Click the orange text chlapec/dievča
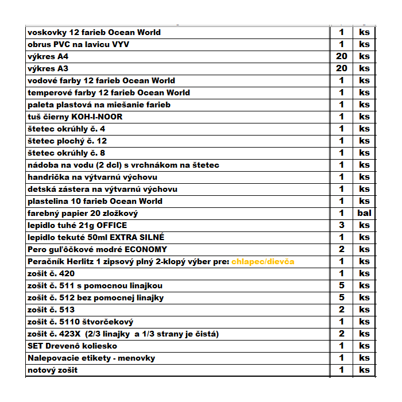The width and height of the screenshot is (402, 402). pyautogui.click(x=263, y=261)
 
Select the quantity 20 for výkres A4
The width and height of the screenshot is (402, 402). pyautogui.click(x=342, y=56)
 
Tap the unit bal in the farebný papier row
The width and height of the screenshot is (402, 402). pyautogui.click(x=364, y=213)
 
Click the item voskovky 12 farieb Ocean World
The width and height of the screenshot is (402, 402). pyautogui.click(x=94, y=32)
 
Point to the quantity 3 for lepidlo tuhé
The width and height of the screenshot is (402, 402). pyautogui.click(x=342, y=225)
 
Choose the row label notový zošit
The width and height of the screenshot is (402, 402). pyautogui.click(x=53, y=370)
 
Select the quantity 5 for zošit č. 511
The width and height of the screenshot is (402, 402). pyautogui.click(x=342, y=285)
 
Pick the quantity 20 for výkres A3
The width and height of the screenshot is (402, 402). pyautogui.click(x=342, y=68)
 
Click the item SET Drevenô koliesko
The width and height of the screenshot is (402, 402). pyautogui.click(x=72, y=346)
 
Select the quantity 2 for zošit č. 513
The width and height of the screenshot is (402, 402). pyautogui.click(x=342, y=310)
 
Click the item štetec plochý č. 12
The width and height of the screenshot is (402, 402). pyautogui.click(x=67, y=141)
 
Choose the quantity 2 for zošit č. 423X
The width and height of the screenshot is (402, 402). pyautogui.click(x=342, y=334)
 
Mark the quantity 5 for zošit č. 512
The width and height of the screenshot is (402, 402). pyautogui.click(x=342, y=297)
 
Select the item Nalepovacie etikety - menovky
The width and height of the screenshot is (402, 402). pyautogui.click(x=91, y=358)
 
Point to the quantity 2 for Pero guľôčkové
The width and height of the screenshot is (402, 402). pyautogui.click(x=342, y=249)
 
